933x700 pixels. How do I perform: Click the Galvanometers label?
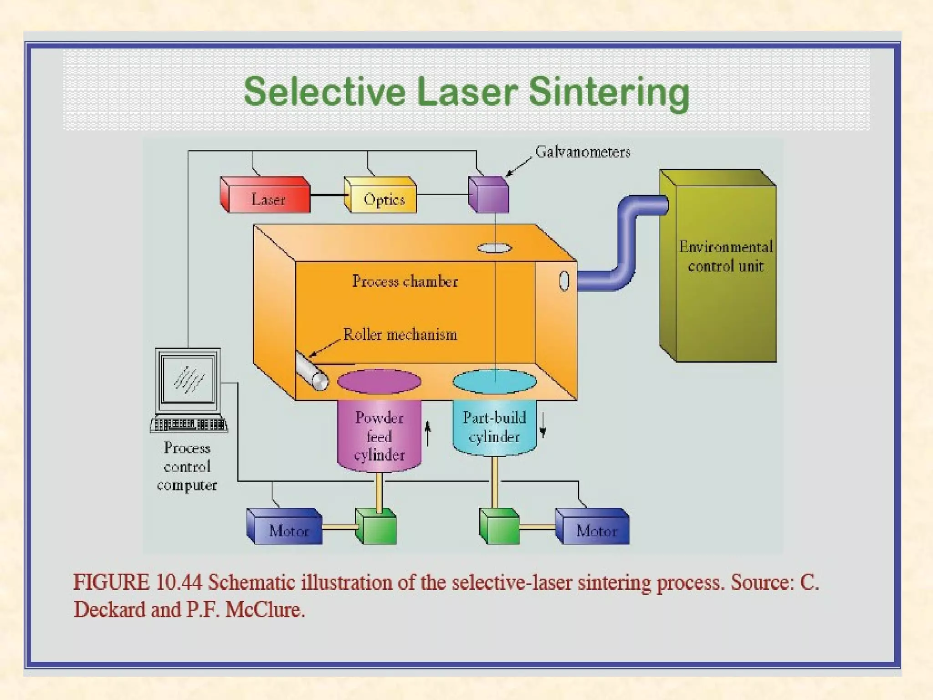[583, 152]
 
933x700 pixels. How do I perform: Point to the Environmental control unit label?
[725, 256]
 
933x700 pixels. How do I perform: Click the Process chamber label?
[405, 281]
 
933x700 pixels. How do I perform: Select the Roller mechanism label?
[400, 335]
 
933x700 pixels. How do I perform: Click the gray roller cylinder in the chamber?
[312, 371]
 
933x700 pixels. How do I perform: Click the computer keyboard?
[189, 424]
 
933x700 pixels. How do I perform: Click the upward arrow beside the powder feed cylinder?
[427, 433]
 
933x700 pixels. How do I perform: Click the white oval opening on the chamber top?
[494, 248]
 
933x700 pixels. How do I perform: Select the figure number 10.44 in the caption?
[178, 582]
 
